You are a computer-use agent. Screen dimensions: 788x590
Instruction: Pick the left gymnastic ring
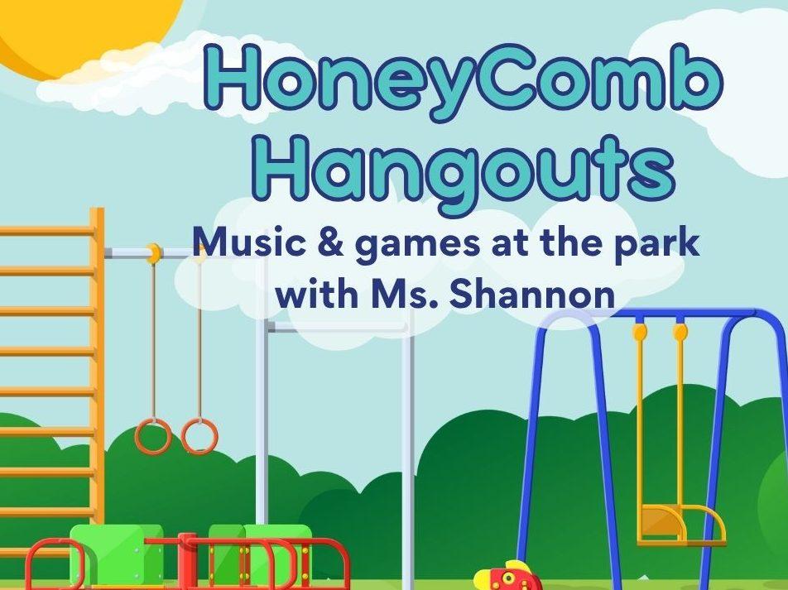click(x=153, y=436)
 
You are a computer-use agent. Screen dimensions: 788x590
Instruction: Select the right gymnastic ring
click(x=199, y=436)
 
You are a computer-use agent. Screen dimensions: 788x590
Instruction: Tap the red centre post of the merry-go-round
click(x=185, y=562)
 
